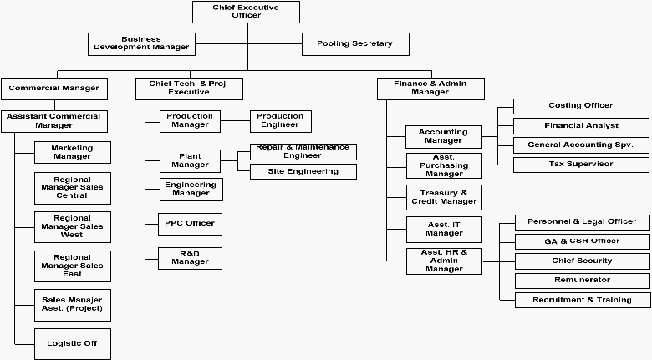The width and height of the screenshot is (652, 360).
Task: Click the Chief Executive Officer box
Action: (246, 12)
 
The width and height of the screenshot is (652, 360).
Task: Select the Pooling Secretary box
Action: (355, 44)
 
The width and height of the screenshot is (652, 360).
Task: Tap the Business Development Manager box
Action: (141, 44)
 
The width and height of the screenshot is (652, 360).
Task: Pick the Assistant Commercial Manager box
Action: (54, 121)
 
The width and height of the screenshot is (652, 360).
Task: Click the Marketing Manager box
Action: (73, 152)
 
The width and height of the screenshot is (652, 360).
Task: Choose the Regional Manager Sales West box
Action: (73, 227)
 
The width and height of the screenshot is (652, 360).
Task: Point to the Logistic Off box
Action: (73, 344)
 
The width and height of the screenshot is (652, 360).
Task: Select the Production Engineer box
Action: (281, 121)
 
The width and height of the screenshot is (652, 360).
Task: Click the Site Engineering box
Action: (303, 172)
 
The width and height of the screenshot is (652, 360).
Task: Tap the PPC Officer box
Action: (190, 224)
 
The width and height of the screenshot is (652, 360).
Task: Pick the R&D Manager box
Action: (190, 258)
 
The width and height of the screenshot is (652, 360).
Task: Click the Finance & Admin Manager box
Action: (430, 89)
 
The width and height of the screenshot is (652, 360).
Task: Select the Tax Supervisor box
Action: (581, 165)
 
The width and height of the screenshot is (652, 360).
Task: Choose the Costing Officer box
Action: (581, 106)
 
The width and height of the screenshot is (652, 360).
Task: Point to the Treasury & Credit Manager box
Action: (444, 197)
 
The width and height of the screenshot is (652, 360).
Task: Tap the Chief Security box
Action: (582, 261)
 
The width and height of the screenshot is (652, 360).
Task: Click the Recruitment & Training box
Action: (583, 300)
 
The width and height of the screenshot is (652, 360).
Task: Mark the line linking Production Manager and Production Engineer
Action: (236, 121)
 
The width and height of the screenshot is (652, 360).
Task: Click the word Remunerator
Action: (582, 280)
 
